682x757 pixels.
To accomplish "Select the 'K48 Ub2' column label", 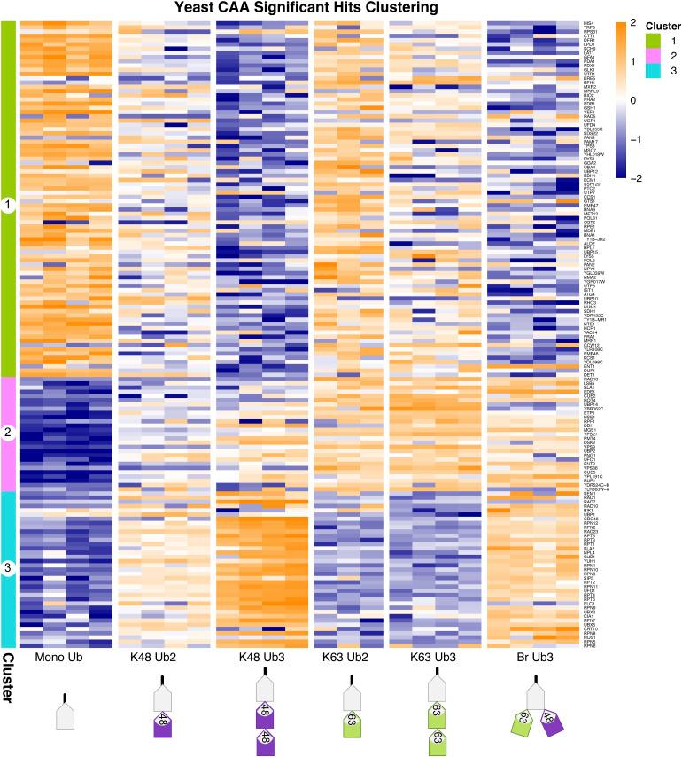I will (x=160, y=659).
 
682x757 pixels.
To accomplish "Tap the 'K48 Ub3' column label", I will (x=262, y=659).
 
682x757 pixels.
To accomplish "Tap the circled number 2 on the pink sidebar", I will (x=8, y=433).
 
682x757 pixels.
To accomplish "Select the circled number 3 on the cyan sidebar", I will (x=8, y=569).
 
